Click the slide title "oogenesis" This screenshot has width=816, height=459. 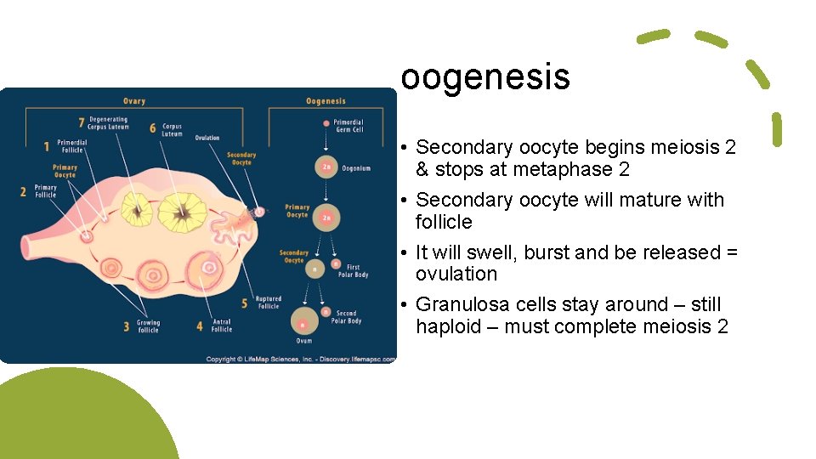pos(485,77)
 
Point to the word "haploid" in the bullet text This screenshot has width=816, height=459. pos(448,326)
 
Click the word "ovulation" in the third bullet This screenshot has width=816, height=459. pos(456,274)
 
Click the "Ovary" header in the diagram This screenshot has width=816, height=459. pos(133,101)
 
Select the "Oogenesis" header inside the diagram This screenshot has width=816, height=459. pos(326,101)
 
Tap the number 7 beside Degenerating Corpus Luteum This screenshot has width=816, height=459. pos(82,123)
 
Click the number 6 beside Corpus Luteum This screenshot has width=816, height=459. pos(153,127)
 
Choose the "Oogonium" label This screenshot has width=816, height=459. pos(355,168)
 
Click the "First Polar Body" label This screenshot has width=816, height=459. pos(358,271)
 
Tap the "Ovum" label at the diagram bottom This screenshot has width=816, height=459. pos(304,341)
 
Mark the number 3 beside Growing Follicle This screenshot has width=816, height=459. pos(126,326)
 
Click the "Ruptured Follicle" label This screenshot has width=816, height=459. pos(269,303)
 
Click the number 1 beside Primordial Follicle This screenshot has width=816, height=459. pos(47,146)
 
